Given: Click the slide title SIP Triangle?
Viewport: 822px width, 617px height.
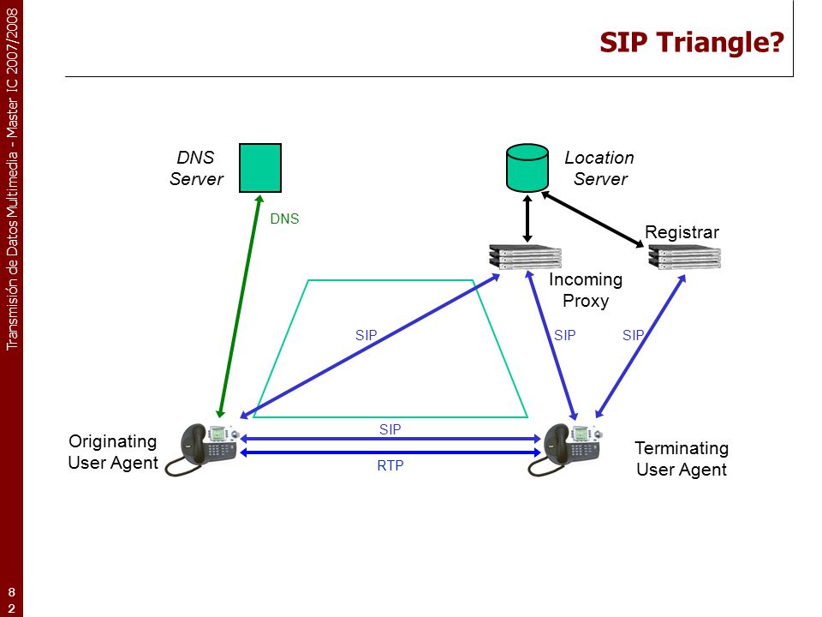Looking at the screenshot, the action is [x=692, y=43].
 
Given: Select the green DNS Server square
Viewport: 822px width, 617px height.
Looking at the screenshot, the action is [x=260, y=168].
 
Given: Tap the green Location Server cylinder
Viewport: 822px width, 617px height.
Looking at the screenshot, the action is [x=527, y=168].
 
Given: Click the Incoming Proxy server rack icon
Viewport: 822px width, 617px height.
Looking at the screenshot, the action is [x=525, y=257].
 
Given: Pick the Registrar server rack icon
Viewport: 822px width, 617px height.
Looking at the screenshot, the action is [x=685, y=257].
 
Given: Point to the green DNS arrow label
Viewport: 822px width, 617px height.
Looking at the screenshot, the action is [x=284, y=219].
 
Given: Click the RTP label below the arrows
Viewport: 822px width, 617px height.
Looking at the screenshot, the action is [x=390, y=465].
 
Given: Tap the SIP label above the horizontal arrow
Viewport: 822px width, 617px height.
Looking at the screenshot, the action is [x=390, y=429].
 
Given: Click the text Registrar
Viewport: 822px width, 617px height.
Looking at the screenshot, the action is [x=682, y=232].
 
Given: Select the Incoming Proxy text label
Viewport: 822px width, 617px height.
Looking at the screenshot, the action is [x=586, y=291].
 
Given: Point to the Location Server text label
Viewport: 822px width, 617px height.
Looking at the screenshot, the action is [x=599, y=169].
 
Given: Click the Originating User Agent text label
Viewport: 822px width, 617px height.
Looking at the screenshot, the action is [x=113, y=452].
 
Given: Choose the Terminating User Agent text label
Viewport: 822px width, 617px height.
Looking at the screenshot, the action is [x=682, y=458].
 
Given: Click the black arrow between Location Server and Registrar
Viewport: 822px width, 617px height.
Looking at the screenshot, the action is [x=593, y=219].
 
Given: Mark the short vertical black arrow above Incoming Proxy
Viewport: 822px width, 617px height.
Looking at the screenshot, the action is [x=527, y=219].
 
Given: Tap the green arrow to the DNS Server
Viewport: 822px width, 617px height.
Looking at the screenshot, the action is [x=240, y=307].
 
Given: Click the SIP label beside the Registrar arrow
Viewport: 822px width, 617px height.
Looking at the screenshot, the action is [x=634, y=335].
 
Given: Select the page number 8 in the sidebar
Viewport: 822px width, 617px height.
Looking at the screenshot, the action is [x=11, y=592].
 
